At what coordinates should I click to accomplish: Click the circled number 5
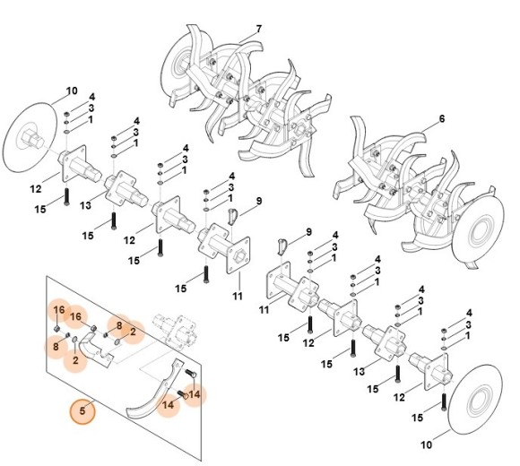point(82,411)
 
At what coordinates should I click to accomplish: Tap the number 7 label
point(259,30)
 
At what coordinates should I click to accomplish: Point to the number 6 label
point(442,118)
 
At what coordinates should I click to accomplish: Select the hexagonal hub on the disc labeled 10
point(32,139)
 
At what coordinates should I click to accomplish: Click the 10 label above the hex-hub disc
point(72,91)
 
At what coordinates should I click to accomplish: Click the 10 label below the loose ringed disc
point(426,444)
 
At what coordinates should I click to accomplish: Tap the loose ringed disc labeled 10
point(475,400)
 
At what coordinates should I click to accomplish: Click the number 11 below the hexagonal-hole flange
point(238,296)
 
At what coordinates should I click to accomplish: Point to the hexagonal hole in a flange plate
point(238,255)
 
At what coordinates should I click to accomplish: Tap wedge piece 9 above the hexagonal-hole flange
point(233,217)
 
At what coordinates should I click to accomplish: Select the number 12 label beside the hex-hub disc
point(36,189)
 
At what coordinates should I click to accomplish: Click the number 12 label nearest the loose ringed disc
point(399,397)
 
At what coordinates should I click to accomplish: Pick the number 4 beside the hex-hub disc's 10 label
point(91,97)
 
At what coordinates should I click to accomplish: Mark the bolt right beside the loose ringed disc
point(445,402)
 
